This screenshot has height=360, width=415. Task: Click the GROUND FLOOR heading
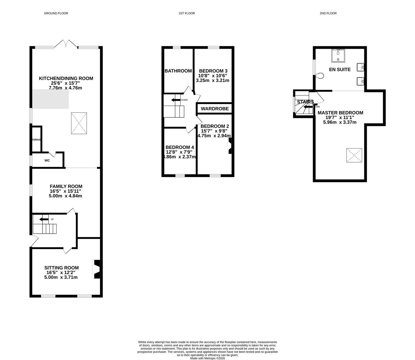pos(56,13)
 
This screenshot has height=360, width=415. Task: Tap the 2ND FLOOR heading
pos(328,13)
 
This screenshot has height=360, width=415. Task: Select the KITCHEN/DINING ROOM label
pos(66,78)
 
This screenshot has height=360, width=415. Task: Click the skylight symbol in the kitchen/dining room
pos(79,123)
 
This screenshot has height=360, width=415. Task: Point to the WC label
pos(47,160)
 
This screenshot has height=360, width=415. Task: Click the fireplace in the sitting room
pos(96,269)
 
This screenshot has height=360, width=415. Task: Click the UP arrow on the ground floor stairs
pos(44,219)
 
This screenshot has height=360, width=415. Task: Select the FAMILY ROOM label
pos(66,186)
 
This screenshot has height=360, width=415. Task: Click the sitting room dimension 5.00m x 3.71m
pos(61,277)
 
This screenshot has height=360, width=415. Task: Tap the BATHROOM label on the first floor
pos(178,71)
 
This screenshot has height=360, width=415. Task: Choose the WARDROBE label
pos(214,109)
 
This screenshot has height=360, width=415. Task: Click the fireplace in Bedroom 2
pos(229,146)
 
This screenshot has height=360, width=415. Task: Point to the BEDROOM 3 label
pos(213,71)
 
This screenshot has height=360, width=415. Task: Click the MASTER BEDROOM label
pos(340,113)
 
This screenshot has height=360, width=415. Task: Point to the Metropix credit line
pos(207,358)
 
